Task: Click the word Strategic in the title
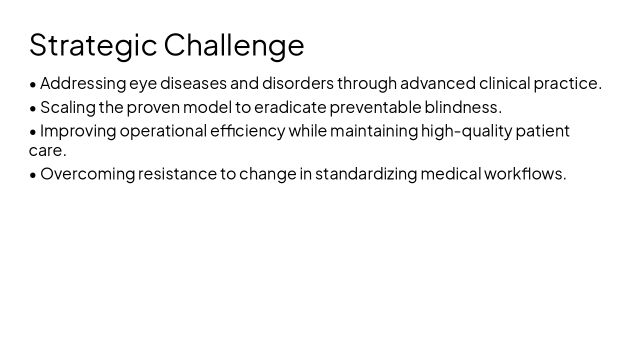tap(93, 45)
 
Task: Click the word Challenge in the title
tap(234, 45)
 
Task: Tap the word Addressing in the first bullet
tap(83, 83)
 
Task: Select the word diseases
tap(193, 83)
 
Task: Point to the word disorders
tap(298, 83)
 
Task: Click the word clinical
tap(504, 83)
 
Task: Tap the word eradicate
tap(290, 107)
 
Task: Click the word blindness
tap(463, 107)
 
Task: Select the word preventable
tap(375, 107)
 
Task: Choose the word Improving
tap(78, 131)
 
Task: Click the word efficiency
tap(247, 131)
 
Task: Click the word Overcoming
tap(87, 174)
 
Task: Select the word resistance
tap(177, 174)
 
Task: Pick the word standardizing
tap(366, 174)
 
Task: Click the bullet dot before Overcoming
tap(33, 175)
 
